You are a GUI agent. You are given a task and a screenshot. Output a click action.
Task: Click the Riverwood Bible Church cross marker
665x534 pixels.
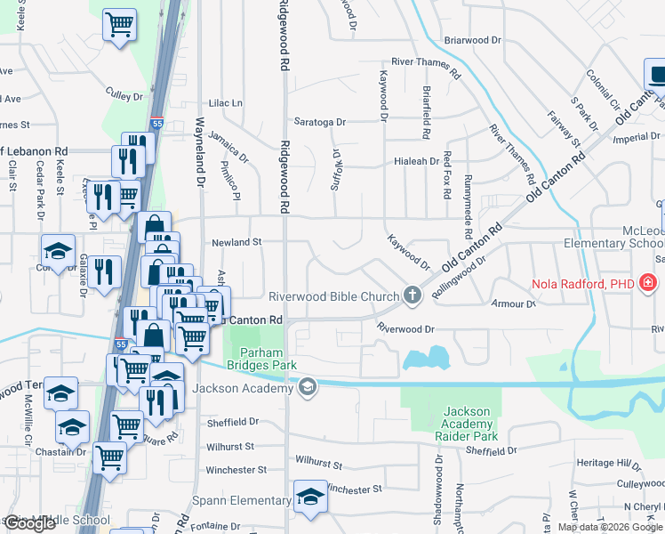[412, 295]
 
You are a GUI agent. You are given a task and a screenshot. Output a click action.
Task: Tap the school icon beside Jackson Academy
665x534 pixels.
[307, 387]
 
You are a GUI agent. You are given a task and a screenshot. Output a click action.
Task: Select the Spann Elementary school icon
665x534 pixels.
[311, 497]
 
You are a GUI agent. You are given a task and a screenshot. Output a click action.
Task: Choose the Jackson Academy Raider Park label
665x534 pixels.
[468, 424]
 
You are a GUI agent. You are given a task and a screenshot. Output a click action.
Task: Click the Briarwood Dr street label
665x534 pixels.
[472, 40]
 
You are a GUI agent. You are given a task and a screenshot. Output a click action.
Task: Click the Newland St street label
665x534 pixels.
[236, 241]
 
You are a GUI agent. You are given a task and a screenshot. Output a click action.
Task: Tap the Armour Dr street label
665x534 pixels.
[513, 303]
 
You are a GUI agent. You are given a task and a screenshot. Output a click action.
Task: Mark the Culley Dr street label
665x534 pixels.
[124, 95]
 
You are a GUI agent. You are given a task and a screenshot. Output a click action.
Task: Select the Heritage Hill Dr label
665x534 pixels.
[608, 465]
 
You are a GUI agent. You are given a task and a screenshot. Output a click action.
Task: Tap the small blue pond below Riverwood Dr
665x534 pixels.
[424, 359]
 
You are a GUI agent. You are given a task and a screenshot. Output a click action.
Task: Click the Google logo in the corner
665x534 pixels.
[29, 523]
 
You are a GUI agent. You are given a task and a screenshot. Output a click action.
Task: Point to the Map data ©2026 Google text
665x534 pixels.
[610, 527]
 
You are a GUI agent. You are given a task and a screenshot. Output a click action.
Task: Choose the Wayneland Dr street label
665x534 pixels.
[200, 150]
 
